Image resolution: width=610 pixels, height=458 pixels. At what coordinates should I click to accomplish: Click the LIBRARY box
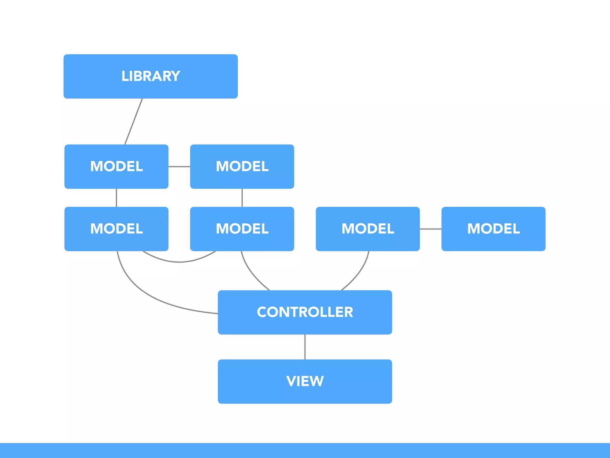point(150,76)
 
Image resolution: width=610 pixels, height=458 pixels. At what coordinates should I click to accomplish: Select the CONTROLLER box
point(305,312)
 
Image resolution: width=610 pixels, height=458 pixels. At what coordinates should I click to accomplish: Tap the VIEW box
point(305,381)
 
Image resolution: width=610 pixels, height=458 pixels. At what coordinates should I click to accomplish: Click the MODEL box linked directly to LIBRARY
point(116,166)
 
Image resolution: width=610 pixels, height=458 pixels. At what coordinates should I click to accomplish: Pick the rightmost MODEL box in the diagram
point(493,229)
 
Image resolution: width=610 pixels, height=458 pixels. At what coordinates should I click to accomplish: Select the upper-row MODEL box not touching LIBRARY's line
point(242,166)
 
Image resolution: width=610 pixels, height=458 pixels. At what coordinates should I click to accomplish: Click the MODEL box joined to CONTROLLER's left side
point(116,229)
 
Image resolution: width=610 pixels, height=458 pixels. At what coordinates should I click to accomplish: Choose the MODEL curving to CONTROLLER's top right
point(368,229)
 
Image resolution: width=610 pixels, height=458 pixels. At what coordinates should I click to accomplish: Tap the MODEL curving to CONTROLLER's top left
point(242,229)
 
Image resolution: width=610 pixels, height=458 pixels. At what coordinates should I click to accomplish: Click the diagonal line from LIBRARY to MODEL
point(133,122)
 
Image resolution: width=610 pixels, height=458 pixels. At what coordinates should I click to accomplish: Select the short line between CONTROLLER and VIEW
point(305,347)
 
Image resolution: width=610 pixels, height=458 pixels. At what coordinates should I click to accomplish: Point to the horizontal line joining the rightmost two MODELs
point(430,229)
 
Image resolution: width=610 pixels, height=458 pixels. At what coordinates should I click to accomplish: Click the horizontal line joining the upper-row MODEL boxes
point(179,166)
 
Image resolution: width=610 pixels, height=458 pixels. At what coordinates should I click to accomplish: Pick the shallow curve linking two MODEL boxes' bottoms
point(179,262)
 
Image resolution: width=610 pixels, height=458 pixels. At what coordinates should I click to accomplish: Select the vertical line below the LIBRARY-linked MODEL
point(116,198)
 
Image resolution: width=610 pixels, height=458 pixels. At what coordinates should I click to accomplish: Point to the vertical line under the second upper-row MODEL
point(242,198)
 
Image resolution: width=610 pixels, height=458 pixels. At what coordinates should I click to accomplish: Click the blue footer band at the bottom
point(305,450)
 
